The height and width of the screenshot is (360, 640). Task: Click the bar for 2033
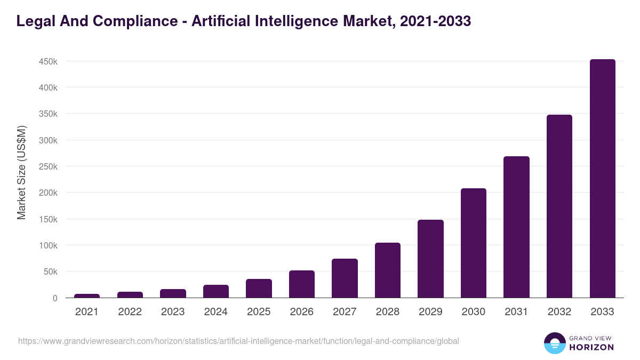[x=602, y=179]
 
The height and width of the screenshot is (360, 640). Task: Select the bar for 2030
[x=474, y=243]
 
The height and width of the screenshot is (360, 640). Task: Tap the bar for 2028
[x=388, y=270]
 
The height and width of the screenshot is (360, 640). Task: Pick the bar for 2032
[x=559, y=206]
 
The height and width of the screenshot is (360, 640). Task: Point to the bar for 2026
[x=302, y=284]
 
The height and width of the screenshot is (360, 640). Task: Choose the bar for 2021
[x=87, y=295]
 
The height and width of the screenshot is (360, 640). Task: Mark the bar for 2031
[x=516, y=227]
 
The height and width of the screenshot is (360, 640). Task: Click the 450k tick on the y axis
[x=49, y=61]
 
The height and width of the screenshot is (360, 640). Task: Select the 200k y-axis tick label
[x=49, y=193]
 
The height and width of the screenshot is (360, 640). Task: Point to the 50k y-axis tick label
[x=51, y=272]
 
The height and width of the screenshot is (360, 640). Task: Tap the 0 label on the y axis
[x=55, y=298]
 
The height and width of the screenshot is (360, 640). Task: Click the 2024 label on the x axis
[x=216, y=312]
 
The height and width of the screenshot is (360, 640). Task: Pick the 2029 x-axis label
[x=430, y=312]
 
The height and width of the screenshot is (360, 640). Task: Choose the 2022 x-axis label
[x=130, y=312]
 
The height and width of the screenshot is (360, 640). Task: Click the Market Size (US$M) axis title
[x=21, y=172]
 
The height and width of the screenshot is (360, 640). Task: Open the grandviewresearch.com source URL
[x=238, y=341]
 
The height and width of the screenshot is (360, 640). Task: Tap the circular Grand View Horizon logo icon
[x=554, y=343]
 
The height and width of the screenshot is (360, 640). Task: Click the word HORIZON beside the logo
[x=592, y=347]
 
